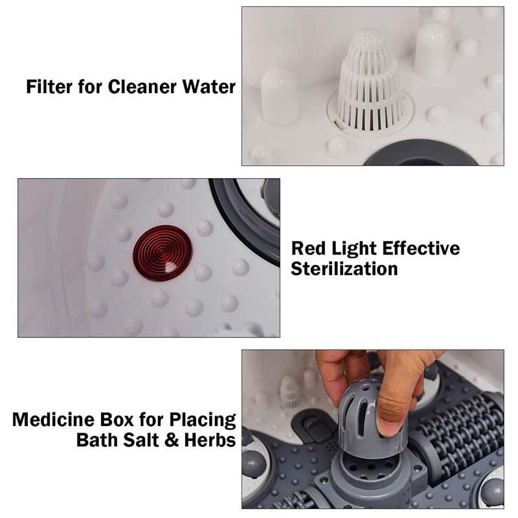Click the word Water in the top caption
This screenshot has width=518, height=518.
pyautogui.click(x=212, y=86)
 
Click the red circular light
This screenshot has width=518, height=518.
pyautogui.click(x=162, y=252)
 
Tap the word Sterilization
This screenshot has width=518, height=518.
pyautogui.click(x=344, y=268)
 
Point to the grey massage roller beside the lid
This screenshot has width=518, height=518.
pyautogui.click(x=457, y=427)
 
